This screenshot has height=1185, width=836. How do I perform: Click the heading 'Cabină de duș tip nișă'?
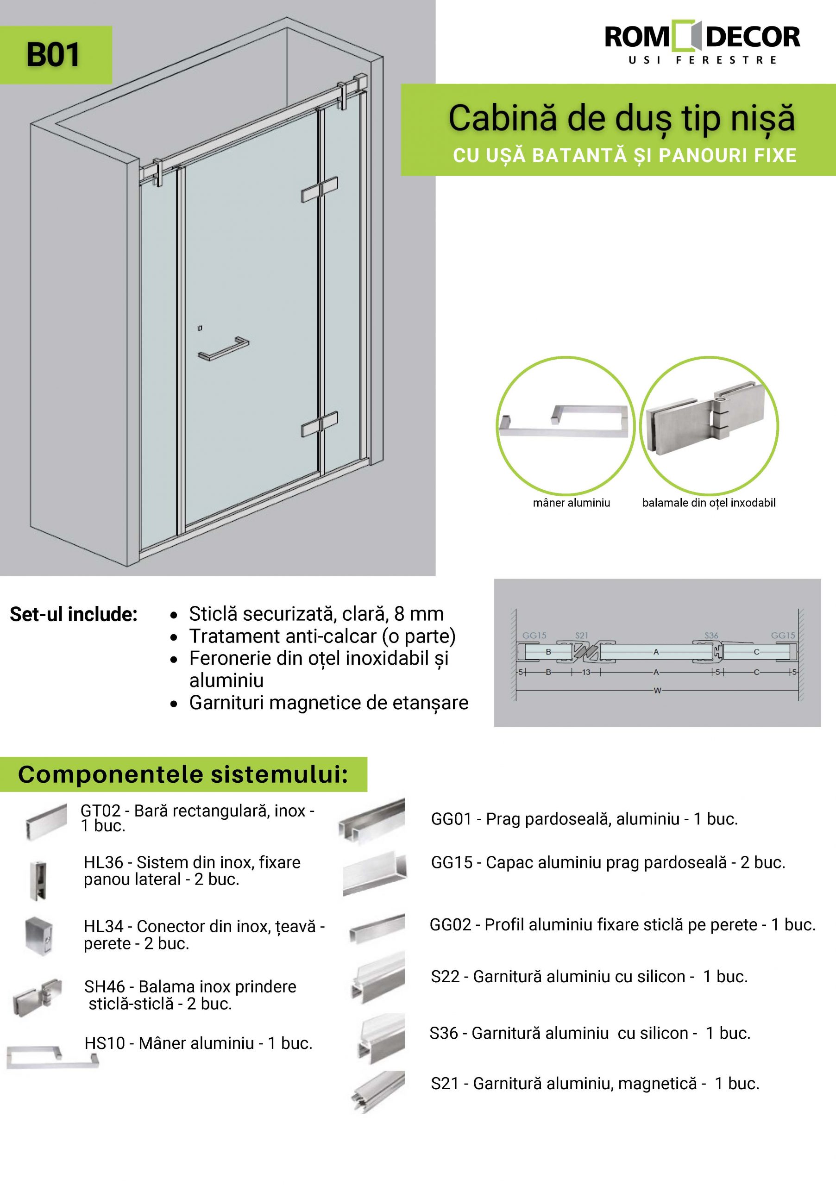coord(621,118)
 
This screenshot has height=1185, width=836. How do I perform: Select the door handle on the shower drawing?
coord(223,349)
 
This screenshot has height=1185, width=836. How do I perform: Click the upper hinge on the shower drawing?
coord(320,190)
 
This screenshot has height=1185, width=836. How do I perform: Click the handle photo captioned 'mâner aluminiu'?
coord(565,425)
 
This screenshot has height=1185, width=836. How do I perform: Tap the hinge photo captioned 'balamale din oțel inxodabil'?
coord(709,425)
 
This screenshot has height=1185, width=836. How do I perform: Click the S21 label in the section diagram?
coord(581,636)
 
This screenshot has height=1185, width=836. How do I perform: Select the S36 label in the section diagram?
coord(711,636)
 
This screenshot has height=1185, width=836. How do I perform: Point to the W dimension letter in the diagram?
coord(657,691)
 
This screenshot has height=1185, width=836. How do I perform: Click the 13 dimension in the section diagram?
coord(586,673)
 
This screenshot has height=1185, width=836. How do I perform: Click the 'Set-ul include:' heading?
coord(73,614)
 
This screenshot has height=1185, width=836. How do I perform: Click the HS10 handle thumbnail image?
coord(51,1056)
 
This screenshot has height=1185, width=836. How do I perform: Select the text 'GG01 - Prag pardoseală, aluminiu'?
coord(584,819)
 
